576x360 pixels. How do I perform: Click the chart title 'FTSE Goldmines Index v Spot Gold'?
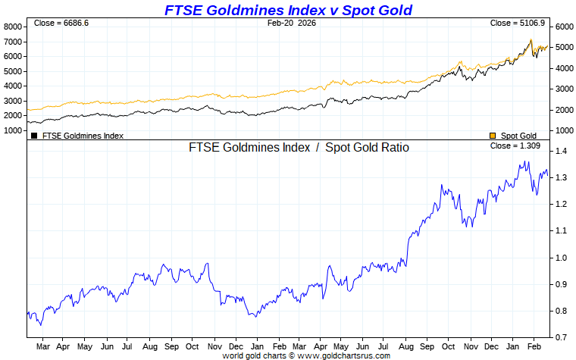pos(289,10)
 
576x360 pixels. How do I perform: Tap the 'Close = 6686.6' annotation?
pos(61,23)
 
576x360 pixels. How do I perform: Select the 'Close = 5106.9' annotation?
pos(517,23)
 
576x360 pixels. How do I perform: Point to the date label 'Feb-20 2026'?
pos(292,23)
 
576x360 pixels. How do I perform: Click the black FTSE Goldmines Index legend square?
pos(34,136)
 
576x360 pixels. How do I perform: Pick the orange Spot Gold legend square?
pos(493,136)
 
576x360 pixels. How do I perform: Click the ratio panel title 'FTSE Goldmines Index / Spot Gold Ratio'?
pos(299,148)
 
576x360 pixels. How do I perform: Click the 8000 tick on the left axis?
pos(13,27)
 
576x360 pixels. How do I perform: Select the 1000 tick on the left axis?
pos(13,130)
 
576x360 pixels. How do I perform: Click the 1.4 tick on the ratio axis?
pos(562,152)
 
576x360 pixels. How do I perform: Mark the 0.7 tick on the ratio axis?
pos(562,337)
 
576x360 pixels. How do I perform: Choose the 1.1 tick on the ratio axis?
pos(562,231)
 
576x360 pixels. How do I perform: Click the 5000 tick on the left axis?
pos(13,71)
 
